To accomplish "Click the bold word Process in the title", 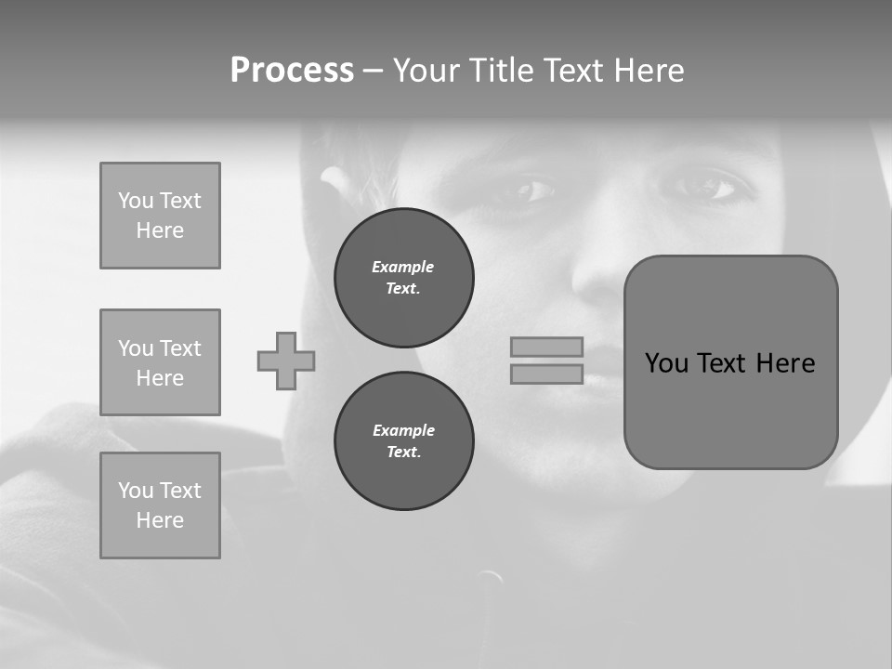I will (x=292, y=71).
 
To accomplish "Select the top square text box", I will (x=160, y=216).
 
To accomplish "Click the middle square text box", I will (x=160, y=362).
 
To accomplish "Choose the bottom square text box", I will (x=160, y=505).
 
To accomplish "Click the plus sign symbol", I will (x=286, y=361).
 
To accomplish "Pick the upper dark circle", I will (x=403, y=278).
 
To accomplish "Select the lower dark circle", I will (x=403, y=441).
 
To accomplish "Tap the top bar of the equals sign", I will (x=546, y=347).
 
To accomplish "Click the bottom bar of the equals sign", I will (x=546, y=374).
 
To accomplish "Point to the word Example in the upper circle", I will (x=402, y=267).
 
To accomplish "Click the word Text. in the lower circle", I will (x=403, y=453).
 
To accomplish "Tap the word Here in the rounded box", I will (x=785, y=363).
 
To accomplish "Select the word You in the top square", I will (x=136, y=201).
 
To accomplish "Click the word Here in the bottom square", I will (x=160, y=520).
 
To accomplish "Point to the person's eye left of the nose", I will (x=527, y=191).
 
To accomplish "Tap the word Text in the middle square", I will (x=180, y=348).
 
